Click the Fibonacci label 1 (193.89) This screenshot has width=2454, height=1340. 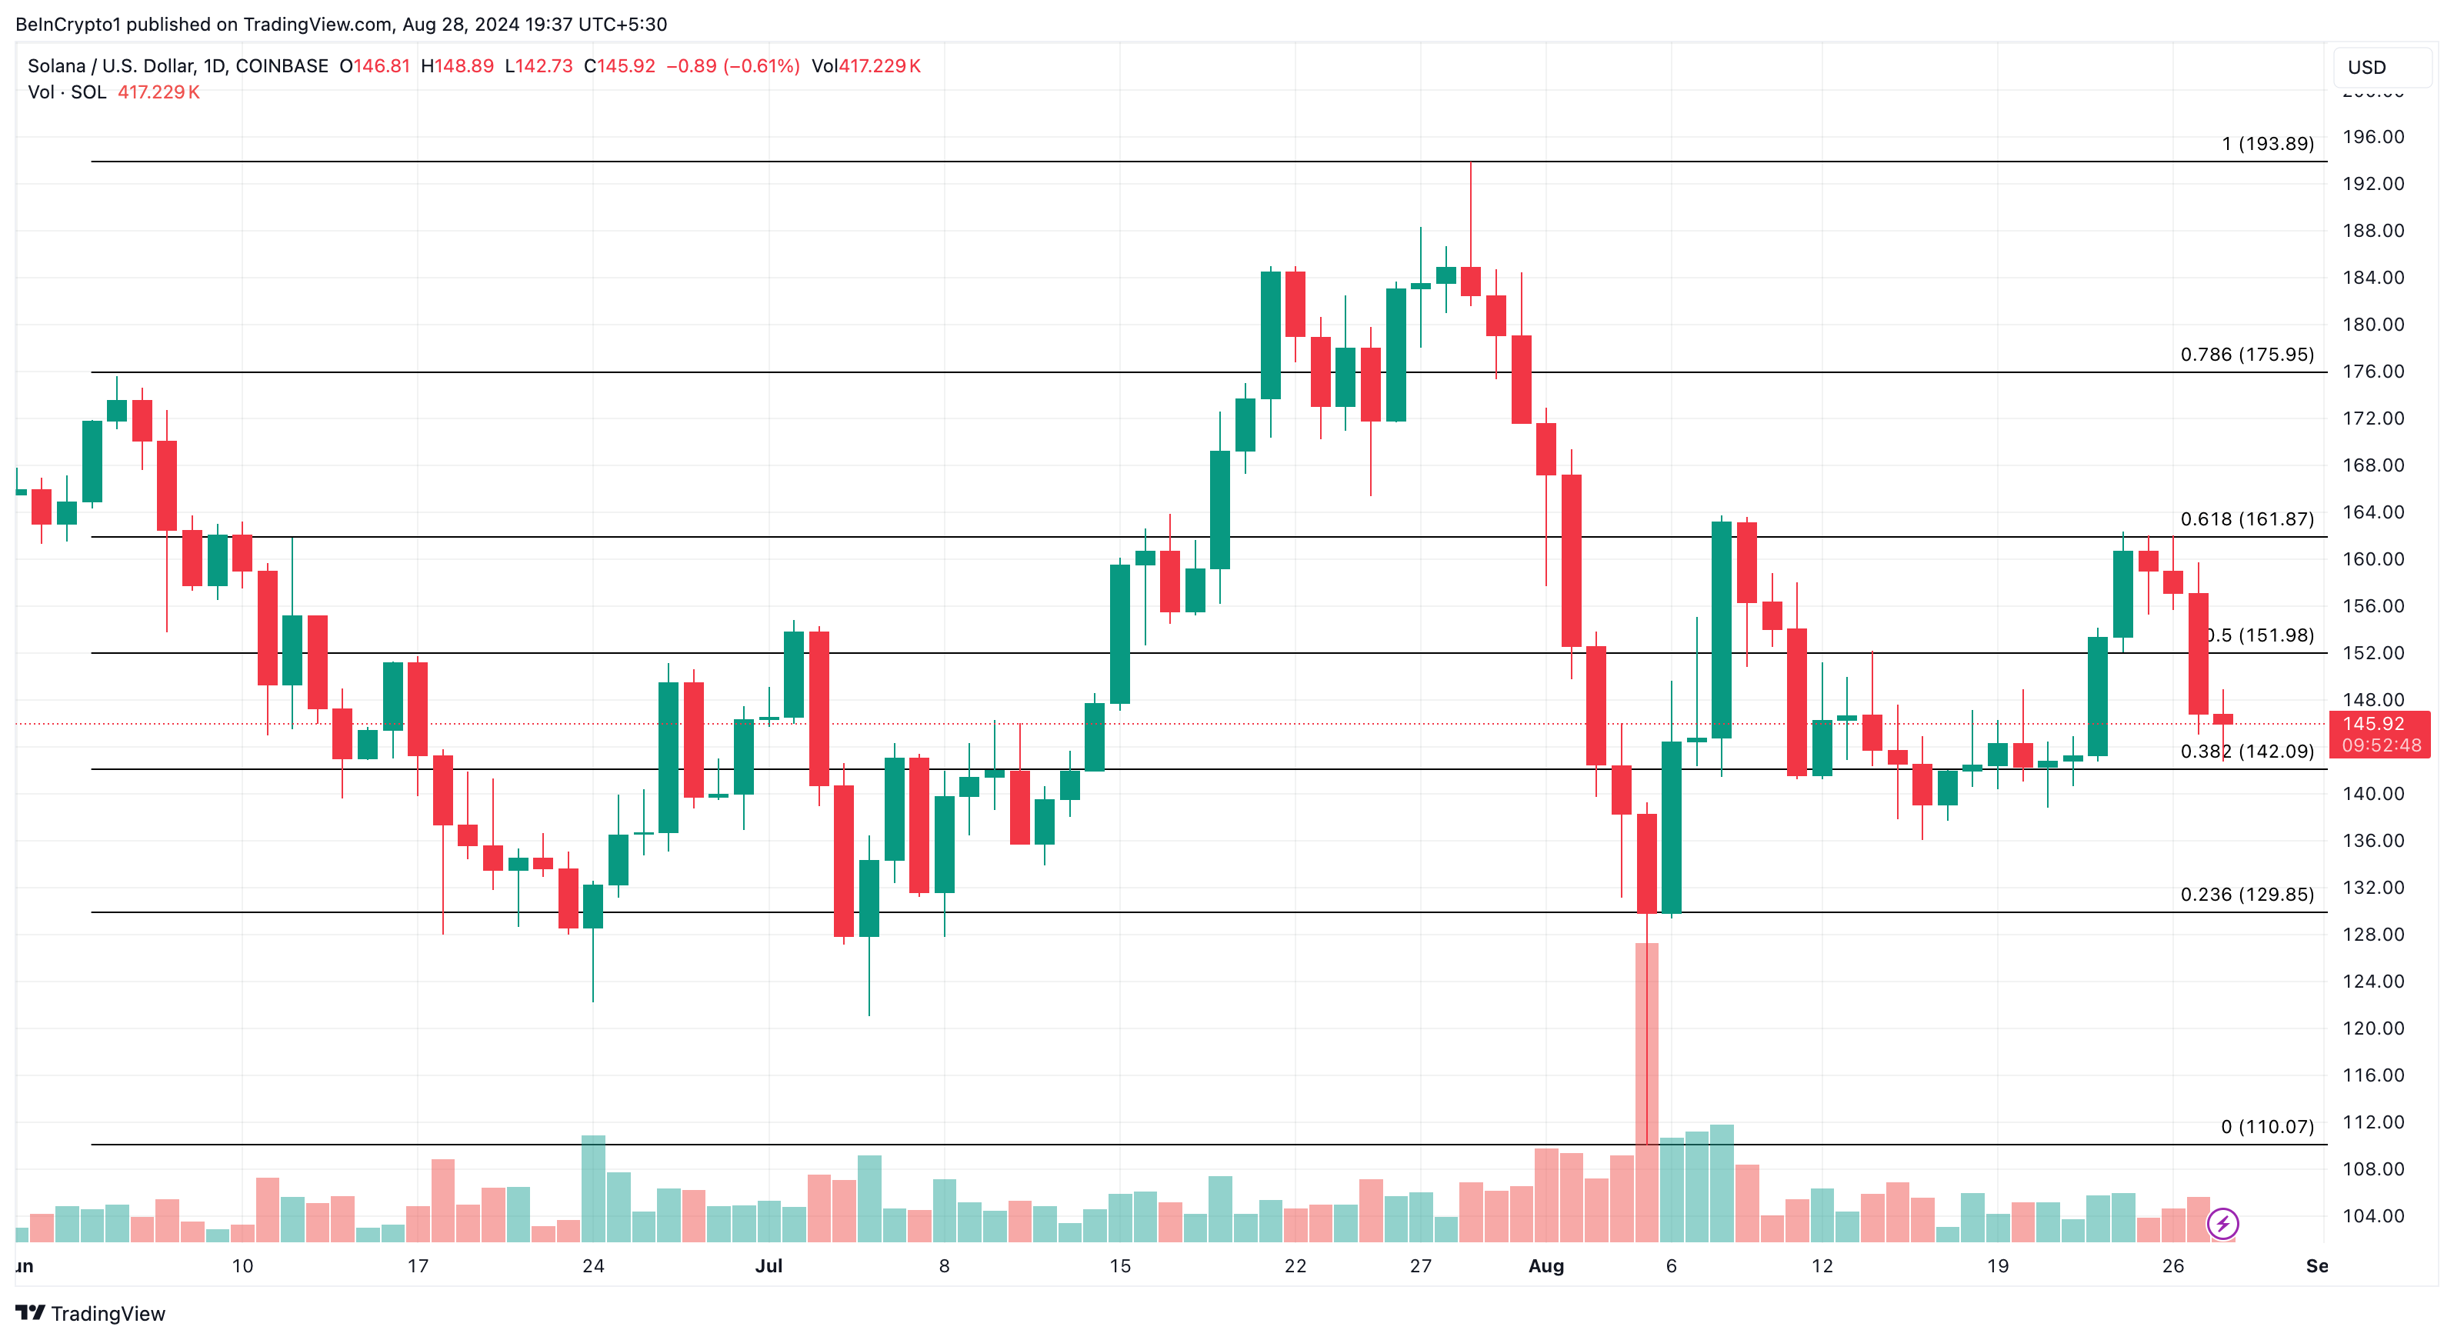2266,144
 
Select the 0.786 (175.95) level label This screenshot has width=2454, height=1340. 2246,355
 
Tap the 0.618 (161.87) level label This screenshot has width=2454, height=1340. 2246,519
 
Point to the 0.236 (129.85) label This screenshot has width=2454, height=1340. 2246,895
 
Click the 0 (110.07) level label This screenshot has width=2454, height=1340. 2266,1127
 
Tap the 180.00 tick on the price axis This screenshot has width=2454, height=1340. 2372,325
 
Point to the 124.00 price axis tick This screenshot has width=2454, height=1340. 2372,981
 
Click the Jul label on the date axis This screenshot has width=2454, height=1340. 768,1265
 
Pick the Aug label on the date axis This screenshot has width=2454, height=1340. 1545,1265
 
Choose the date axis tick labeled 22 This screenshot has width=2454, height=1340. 1295,1265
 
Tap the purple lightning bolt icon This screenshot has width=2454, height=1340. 2222,1223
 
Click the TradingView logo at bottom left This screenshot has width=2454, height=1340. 91,1313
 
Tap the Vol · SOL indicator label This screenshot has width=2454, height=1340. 67,92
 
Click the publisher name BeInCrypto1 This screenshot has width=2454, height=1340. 68,25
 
